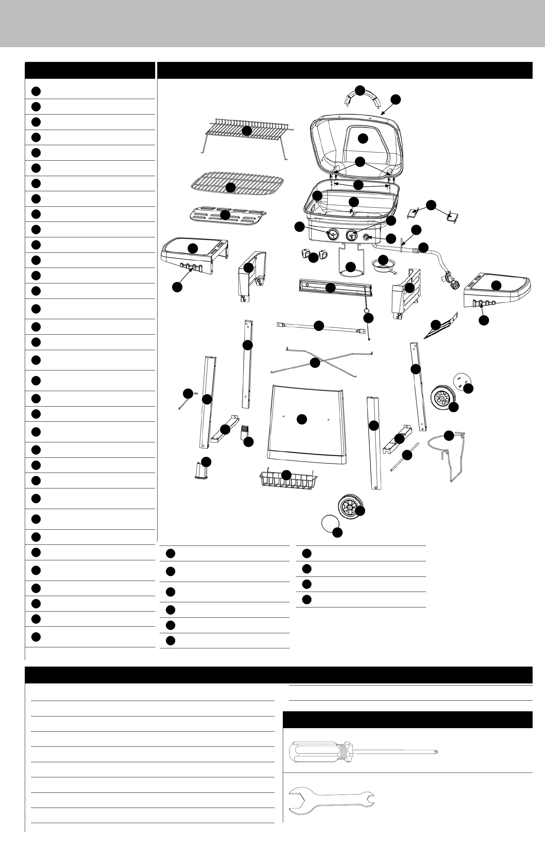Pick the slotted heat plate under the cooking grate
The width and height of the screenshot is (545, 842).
point(228,215)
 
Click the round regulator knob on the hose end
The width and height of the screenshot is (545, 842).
point(454,284)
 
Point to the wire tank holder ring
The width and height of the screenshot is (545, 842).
point(442,446)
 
